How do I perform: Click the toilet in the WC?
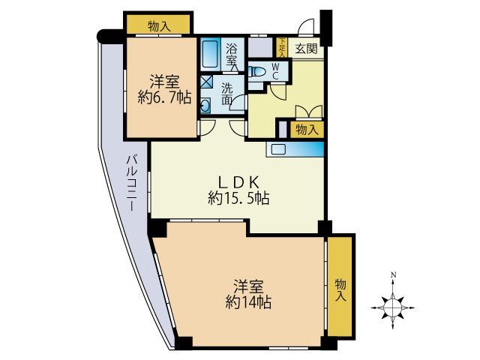(x=256, y=72)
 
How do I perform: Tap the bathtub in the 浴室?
(x=210, y=54)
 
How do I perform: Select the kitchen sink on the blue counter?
(x=278, y=149)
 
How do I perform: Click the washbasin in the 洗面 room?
(x=205, y=106)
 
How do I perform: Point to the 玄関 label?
(x=306, y=49)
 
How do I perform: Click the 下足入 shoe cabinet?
(x=282, y=47)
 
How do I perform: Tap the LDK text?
(x=238, y=183)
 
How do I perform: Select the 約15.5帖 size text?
(x=238, y=198)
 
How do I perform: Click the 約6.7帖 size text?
(x=165, y=97)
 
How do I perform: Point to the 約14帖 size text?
(x=248, y=302)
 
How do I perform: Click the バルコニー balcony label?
(x=132, y=183)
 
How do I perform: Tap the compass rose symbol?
(x=393, y=307)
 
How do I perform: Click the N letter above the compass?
(x=394, y=274)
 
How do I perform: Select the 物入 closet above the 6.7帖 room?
(x=159, y=24)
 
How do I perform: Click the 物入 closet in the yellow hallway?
(x=307, y=130)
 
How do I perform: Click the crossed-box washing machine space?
(x=205, y=82)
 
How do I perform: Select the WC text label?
(x=275, y=70)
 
